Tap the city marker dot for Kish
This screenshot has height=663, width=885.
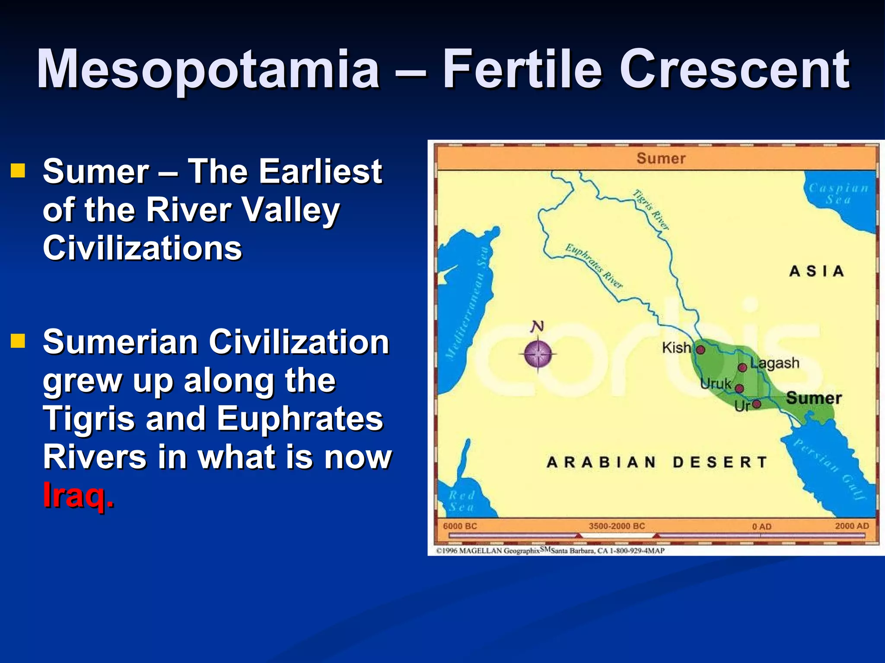(x=700, y=350)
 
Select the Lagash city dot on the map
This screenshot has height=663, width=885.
(x=742, y=367)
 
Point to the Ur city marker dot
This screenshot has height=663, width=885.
(x=756, y=404)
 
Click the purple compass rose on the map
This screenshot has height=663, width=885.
(x=538, y=354)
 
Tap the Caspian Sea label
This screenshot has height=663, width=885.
(x=838, y=194)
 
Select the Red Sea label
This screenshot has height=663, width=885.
(x=462, y=501)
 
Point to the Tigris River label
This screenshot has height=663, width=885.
(x=651, y=210)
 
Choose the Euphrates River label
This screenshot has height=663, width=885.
(x=594, y=266)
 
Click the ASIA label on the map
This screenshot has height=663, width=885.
(x=816, y=272)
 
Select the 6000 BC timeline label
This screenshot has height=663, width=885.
(x=460, y=526)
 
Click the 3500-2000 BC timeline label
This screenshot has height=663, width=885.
(x=617, y=526)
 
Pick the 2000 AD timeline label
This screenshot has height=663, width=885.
(x=852, y=526)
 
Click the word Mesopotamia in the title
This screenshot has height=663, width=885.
(x=208, y=69)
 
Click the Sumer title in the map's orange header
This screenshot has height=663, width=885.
(x=661, y=158)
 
